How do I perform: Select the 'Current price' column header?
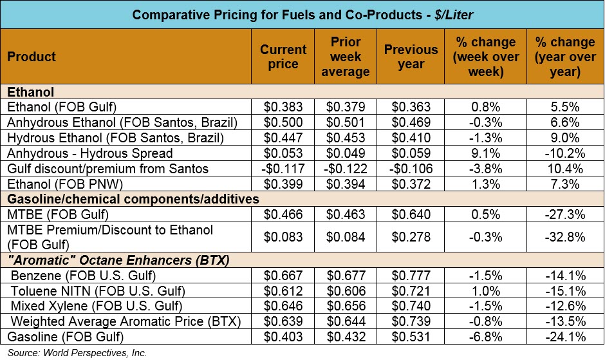click(x=283, y=57)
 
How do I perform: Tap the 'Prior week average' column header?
click(x=345, y=57)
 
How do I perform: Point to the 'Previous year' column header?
click(x=411, y=57)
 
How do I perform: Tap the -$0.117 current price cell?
click(x=283, y=169)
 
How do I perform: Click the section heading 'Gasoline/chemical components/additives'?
click(x=133, y=200)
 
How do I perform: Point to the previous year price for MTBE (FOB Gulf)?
click(x=411, y=215)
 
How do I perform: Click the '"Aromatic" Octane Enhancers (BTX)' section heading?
click(x=120, y=260)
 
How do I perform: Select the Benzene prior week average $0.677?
click(x=345, y=276)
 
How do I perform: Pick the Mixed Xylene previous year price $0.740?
click(x=411, y=306)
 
